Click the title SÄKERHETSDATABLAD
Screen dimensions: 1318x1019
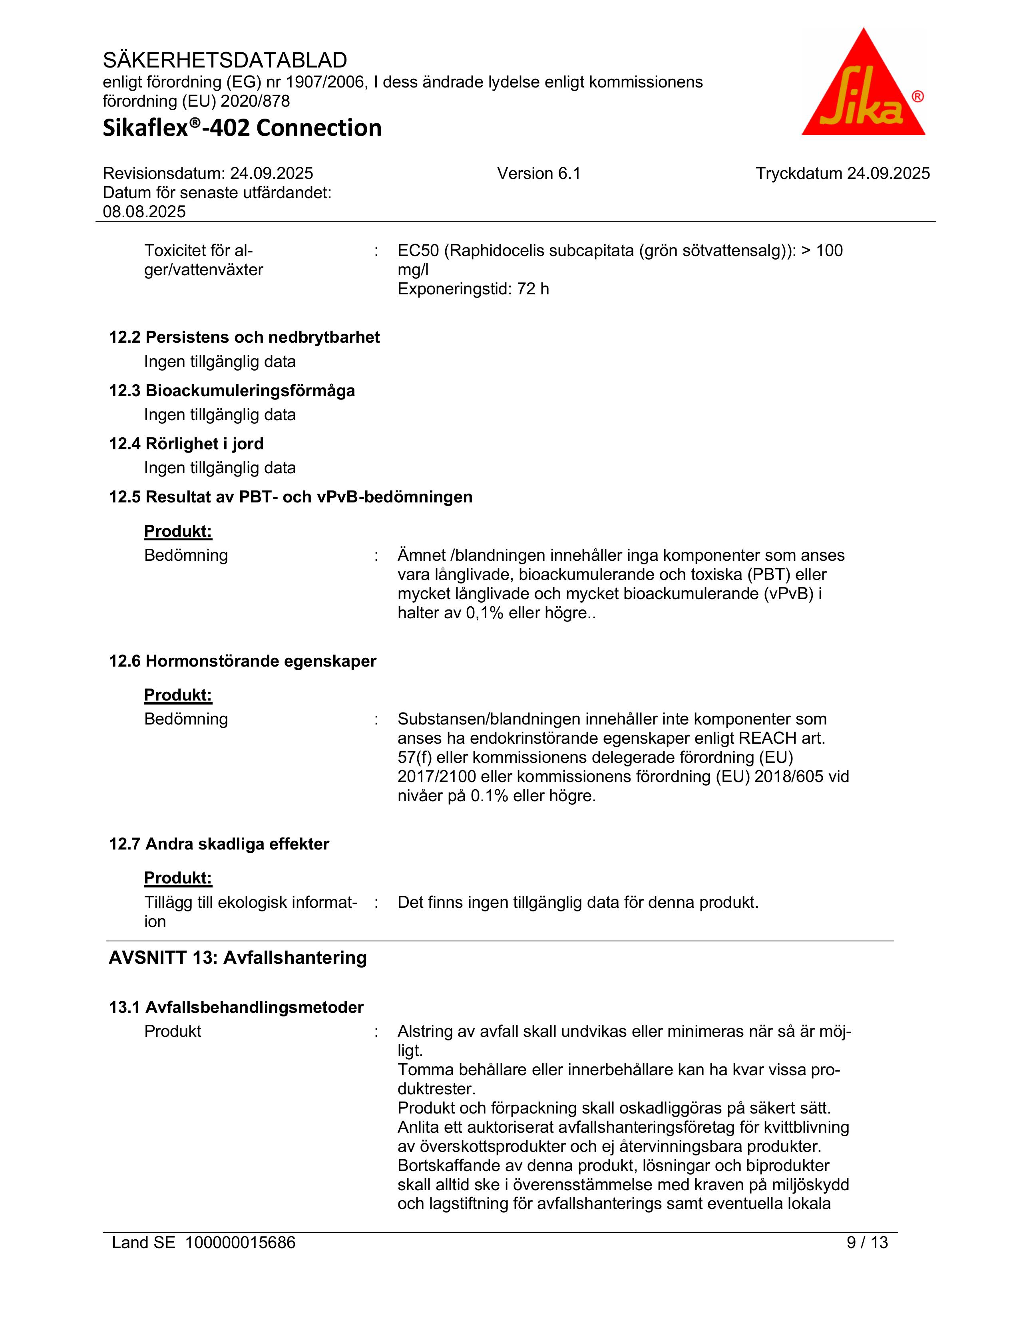coord(225,60)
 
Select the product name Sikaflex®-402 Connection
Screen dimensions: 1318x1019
coord(242,128)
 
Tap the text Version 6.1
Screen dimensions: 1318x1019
coord(539,174)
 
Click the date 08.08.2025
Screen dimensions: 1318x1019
coord(144,212)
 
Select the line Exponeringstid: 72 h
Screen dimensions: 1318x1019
coord(473,289)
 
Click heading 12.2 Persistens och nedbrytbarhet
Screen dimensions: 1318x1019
coord(244,337)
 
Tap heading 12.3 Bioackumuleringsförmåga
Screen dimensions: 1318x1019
coord(232,391)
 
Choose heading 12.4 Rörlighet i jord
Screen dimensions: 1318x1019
coord(186,444)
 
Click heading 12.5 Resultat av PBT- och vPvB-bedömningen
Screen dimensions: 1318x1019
coord(291,497)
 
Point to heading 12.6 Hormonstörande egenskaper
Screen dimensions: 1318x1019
coord(242,661)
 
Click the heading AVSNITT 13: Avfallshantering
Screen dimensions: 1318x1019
coord(237,958)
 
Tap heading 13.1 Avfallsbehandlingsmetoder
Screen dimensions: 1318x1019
coord(236,1007)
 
